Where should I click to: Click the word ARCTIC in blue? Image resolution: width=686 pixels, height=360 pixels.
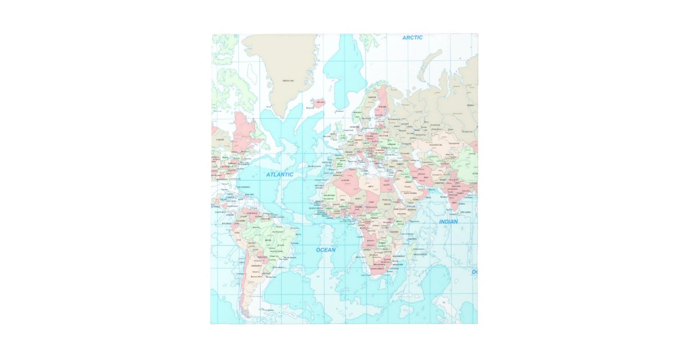pyautogui.click(x=412, y=38)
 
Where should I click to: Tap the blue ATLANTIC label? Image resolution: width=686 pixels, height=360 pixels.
pyautogui.click(x=280, y=174)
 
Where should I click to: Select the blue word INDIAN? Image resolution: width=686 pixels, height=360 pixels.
pyautogui.click(x=448, y=222)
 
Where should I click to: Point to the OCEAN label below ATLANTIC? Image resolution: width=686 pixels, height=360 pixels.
pyautogui.click(x=326, y=250)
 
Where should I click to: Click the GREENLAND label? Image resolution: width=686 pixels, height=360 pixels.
pyautogui.click(x=288, y=81)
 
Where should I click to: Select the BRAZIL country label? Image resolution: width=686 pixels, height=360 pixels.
pyautogui.click(x=268, y=241)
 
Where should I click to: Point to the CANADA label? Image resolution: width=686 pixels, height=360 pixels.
pyautogui.click(x=220, y=139)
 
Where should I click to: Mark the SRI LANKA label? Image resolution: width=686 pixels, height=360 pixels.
pyautogui.click(x=466, y=211)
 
